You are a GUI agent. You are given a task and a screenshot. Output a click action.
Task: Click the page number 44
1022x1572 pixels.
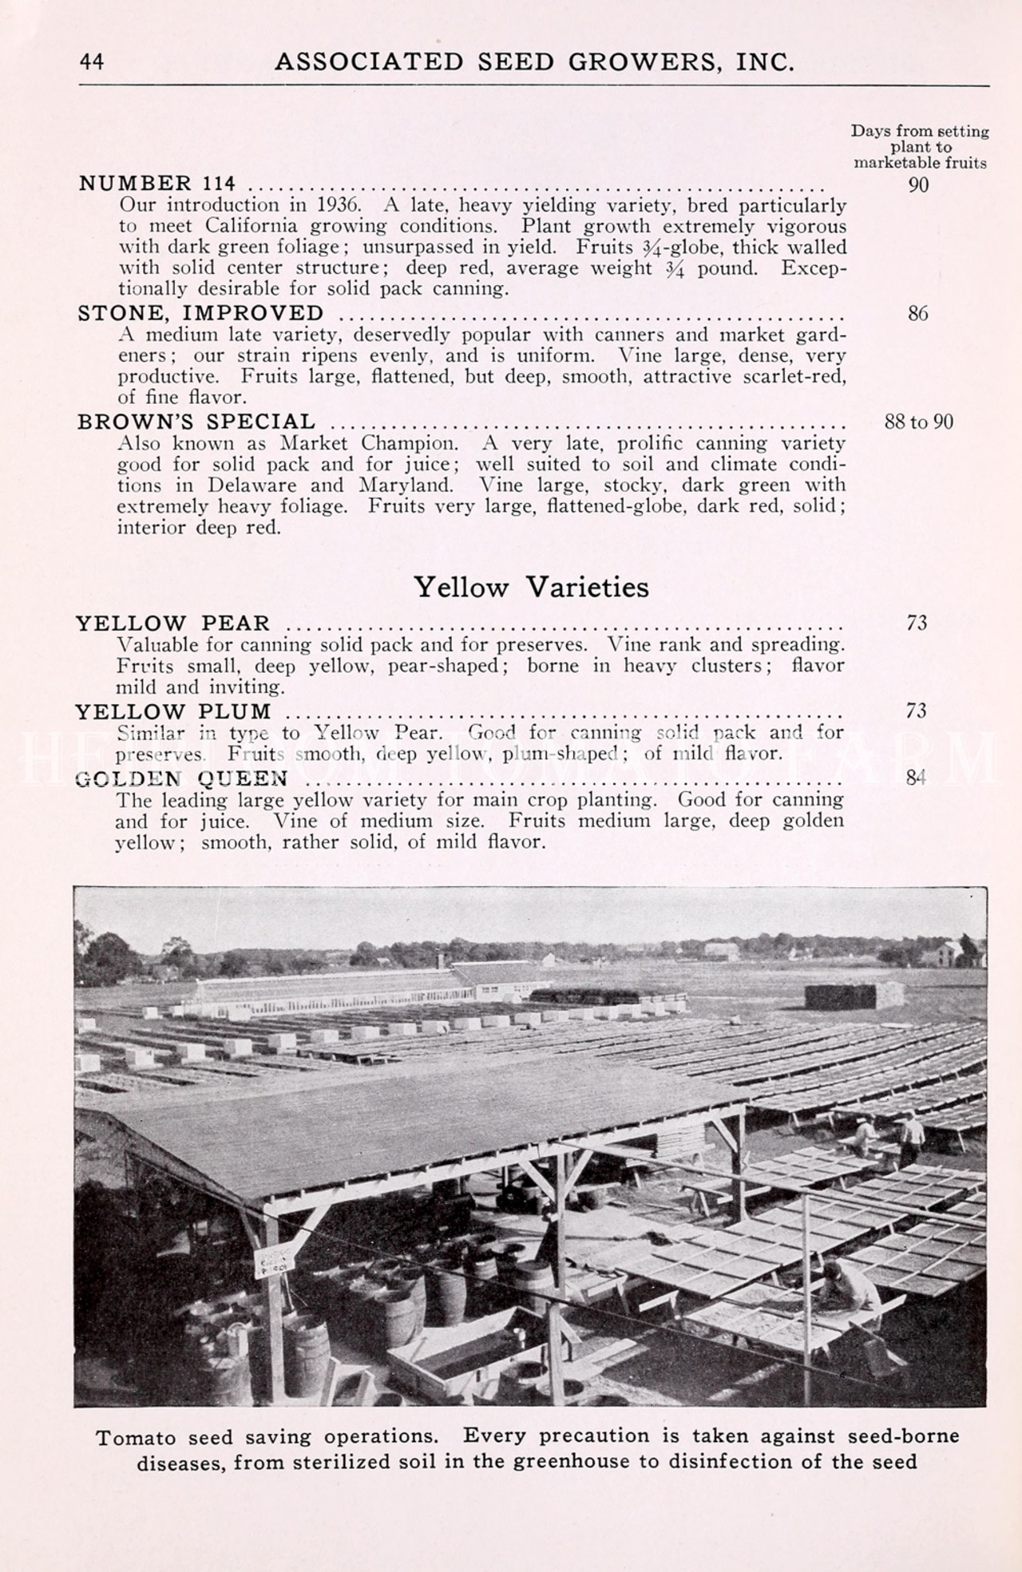(92, 62)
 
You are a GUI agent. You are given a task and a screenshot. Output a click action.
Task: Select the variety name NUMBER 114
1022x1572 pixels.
(156, 184)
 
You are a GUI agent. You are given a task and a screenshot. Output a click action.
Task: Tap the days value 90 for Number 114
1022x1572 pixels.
(918, 185)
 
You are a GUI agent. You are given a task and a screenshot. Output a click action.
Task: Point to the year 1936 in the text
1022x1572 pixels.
(331, 205)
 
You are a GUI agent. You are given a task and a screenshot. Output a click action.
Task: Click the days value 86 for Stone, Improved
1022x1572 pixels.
(918, 314)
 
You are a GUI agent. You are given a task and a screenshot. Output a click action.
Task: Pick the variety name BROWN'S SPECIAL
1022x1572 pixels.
(196, 422)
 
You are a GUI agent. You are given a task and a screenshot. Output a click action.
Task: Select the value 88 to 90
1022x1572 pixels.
(918, 422)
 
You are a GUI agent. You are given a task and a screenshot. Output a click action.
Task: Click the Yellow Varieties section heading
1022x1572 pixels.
(531, 588)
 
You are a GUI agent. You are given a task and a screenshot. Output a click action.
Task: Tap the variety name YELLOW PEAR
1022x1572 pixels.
(173, 623)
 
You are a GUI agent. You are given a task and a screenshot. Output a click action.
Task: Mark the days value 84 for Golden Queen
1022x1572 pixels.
(917, 777)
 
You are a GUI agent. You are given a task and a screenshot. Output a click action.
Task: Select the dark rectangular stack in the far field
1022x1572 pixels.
(854, 996)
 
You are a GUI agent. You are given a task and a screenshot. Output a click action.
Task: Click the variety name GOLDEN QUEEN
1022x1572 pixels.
(181, 778)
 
